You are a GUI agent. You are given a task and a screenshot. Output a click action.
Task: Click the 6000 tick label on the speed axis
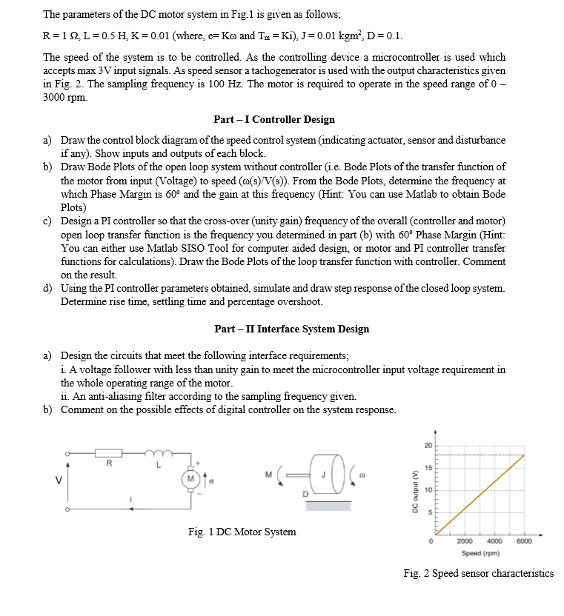click(x=523, y=540)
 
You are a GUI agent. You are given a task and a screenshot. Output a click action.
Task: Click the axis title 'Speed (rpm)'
click(x=481, y=553)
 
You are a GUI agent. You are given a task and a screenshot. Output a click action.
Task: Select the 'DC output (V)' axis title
click(x=417, y=491)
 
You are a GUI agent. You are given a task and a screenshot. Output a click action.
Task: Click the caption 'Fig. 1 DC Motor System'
click(x=242, y=532)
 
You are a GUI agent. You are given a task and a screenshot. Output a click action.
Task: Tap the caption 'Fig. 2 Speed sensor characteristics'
click(x=478, y=573)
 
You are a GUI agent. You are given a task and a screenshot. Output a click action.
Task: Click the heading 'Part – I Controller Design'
click(x=273, y=119)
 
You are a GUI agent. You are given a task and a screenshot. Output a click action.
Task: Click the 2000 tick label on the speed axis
click(x=465, y=540)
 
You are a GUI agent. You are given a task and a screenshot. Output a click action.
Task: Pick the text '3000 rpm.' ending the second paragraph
click(x=64, y=98)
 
